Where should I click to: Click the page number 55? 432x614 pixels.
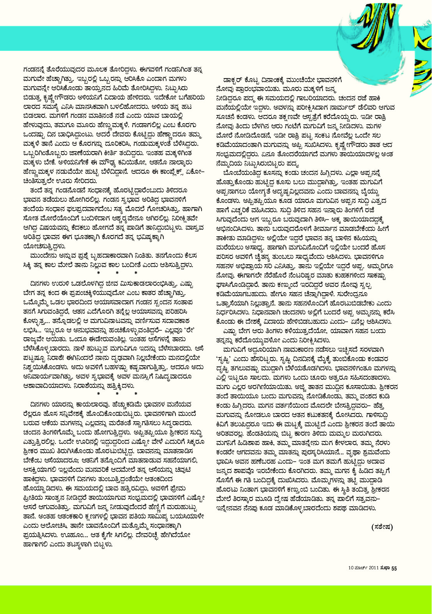click(394, 568)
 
